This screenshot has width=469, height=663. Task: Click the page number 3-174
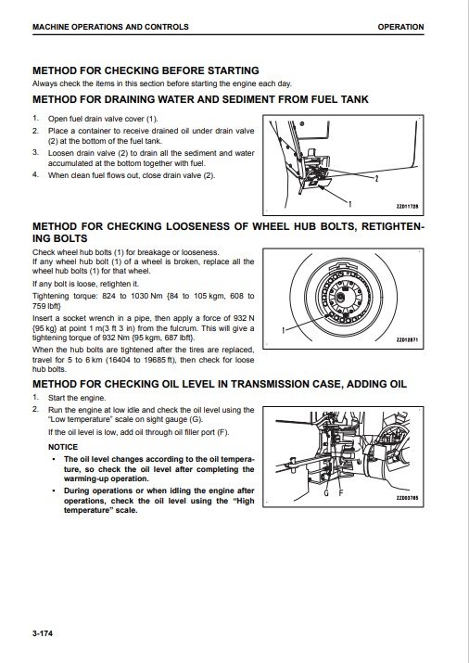(x=43, y=633)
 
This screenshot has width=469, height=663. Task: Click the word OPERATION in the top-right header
(x=400, y=27)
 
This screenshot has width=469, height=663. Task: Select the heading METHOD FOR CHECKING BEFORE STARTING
(x=146, y=70)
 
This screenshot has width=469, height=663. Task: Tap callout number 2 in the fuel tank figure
(x=376, y=179)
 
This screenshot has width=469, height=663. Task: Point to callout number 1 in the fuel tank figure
(x=349, y=204)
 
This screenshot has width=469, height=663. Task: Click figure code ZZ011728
(x=407, y=207)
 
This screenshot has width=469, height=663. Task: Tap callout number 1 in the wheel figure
(x=284, y=330)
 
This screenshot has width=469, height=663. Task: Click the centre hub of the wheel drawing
(x=343, y=295)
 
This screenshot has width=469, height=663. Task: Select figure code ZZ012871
(x=407, y=340)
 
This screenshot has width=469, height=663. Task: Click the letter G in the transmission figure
(x=326, y=493)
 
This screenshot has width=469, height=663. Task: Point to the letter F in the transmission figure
(x=340, y=493)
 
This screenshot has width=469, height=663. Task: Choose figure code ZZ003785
(x=407, y=498)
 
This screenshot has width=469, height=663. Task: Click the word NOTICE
(x=63, y=447)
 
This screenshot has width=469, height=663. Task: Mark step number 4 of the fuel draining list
(x=35, y=174)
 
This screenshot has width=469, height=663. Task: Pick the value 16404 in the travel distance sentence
(x=118, y=360)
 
